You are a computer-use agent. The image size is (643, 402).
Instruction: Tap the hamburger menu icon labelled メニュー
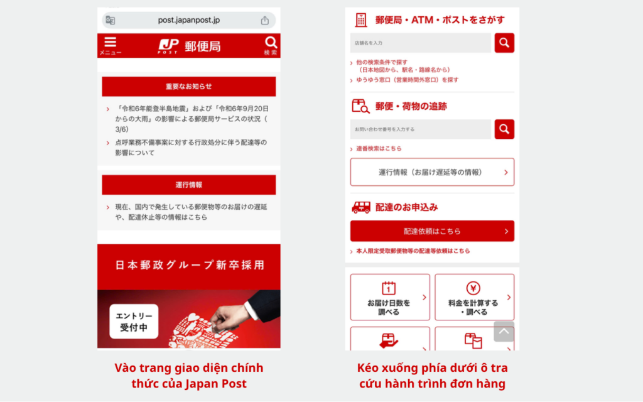(111, 45)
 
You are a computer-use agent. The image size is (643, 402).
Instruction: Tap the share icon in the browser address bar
(265, 20)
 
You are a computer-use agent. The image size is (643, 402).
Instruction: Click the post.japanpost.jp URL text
(189, 20)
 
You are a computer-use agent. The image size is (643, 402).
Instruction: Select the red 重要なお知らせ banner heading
(188, 87)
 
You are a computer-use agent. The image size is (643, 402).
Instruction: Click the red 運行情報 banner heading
(188, 185)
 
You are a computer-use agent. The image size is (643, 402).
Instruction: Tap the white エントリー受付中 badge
(134, 321)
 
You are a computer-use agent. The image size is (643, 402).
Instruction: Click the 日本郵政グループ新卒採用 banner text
(189, 265)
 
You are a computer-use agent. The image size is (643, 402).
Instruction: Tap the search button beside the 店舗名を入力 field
(504, 43)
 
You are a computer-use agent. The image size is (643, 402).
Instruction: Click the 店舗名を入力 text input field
(421, 43)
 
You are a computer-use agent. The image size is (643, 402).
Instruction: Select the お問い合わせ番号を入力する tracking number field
(421, 129)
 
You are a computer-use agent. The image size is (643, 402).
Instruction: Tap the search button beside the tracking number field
(504, 129)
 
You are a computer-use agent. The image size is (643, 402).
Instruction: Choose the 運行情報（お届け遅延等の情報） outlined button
(432, 172)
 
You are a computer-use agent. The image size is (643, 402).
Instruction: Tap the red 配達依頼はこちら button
(432, 231)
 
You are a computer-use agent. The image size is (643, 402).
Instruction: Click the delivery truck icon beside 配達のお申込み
(360, 207)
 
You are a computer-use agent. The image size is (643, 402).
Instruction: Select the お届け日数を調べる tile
(390, 297)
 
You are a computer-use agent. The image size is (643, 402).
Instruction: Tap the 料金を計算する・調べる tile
(474, 297)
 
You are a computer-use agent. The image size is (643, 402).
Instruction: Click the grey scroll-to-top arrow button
(504, 331)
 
